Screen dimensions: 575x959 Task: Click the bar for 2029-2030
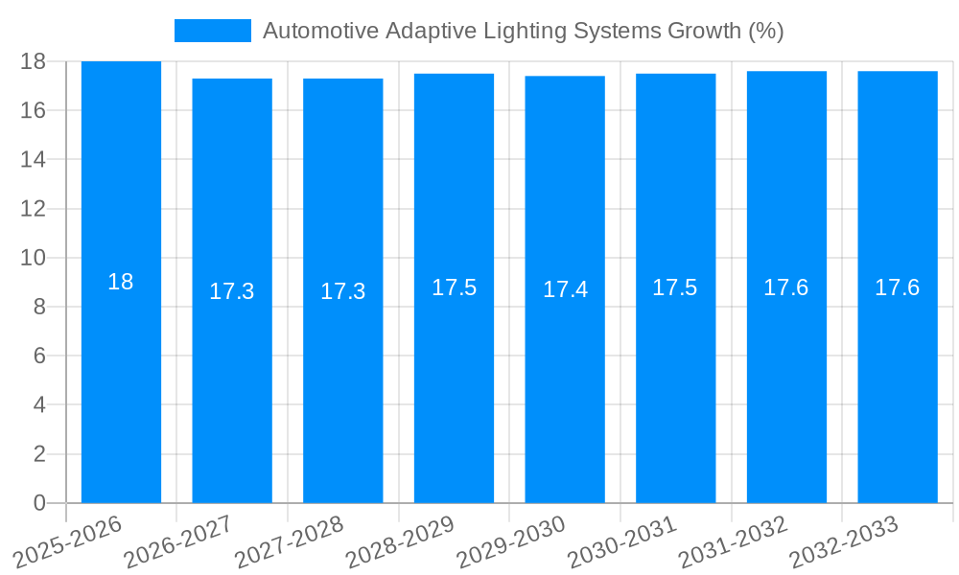(x=565, y=383)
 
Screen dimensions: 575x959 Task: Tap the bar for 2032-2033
(x=898, y=383)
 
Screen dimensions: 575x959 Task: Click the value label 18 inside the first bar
(x=121, y=282)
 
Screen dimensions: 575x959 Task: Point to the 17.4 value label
(x=565, y=289)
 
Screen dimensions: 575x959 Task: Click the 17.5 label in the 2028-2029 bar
(x=454, y=287)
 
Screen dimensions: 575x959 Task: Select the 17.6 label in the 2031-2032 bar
(x=786, y=287)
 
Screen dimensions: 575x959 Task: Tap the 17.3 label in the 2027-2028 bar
(x=342, y=291)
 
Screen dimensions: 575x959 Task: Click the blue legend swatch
(x=212, y=31)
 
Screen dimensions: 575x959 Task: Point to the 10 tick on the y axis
(x=33, y=258)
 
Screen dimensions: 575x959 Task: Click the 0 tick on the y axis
(x=39, y=503)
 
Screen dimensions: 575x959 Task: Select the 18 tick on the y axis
(x=33, y=61)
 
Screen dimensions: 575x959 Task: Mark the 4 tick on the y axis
(x=39, y=405)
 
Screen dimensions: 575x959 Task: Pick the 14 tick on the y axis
(x=33, y=159)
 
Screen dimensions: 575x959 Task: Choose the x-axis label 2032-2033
(x=845, y=540)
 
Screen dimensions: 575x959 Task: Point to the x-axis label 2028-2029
(x=401, y=540)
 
